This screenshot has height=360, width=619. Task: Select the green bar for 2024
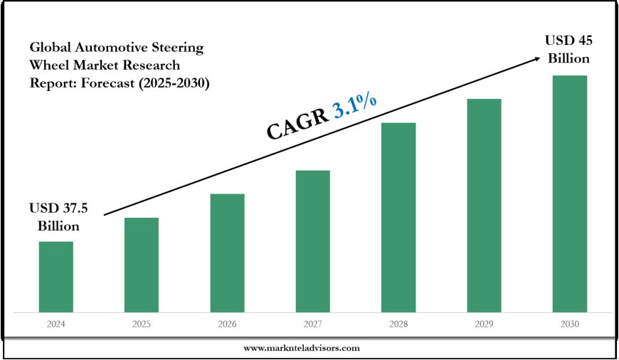pos(55,277)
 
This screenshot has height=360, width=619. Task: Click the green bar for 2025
pos(142,265)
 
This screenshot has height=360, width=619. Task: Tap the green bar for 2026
pos(227,253)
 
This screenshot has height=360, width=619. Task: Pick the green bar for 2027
pos(312,241)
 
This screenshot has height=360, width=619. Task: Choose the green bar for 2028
pos(398,217)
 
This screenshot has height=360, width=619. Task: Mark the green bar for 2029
pos(484,205)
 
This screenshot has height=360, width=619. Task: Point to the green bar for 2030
pos(570,194)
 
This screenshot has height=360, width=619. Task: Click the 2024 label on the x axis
pos(55,324)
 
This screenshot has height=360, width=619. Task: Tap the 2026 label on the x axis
pos(227,324)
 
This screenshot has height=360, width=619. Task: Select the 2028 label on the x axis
pos(398,324)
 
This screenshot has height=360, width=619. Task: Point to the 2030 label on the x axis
pos(570,324)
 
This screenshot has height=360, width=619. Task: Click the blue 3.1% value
pos(354,110)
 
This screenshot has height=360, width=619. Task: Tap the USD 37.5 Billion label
pos(55,218)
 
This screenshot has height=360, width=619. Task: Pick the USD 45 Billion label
pos(568,48)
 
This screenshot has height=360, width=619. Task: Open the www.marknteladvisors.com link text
pos(302,348)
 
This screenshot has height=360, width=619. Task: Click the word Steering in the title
pos(178,48)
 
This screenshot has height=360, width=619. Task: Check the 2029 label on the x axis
pos(484,324)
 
